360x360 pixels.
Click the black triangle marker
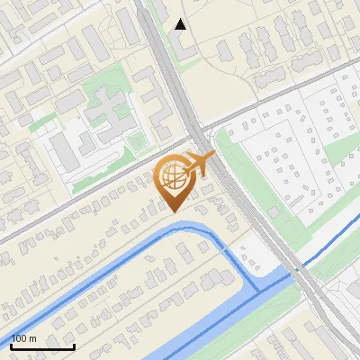[x=181, y=24]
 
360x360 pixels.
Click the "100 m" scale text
[x=24, y=338]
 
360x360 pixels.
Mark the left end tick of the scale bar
[x=11, y=346]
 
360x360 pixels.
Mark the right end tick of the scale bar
[x=74, y=346]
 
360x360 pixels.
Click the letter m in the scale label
[x=33, y=338]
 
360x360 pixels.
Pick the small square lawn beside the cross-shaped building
[x=136, y=141]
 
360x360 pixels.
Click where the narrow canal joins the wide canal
[x=262, y=286]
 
